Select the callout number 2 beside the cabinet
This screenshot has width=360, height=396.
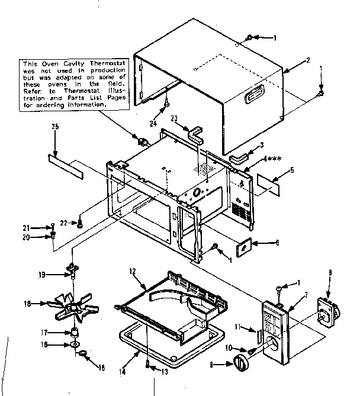[x=307, y=60]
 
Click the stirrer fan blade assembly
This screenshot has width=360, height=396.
[x=75, y=306]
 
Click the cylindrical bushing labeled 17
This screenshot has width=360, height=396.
[x=75, y=332]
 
